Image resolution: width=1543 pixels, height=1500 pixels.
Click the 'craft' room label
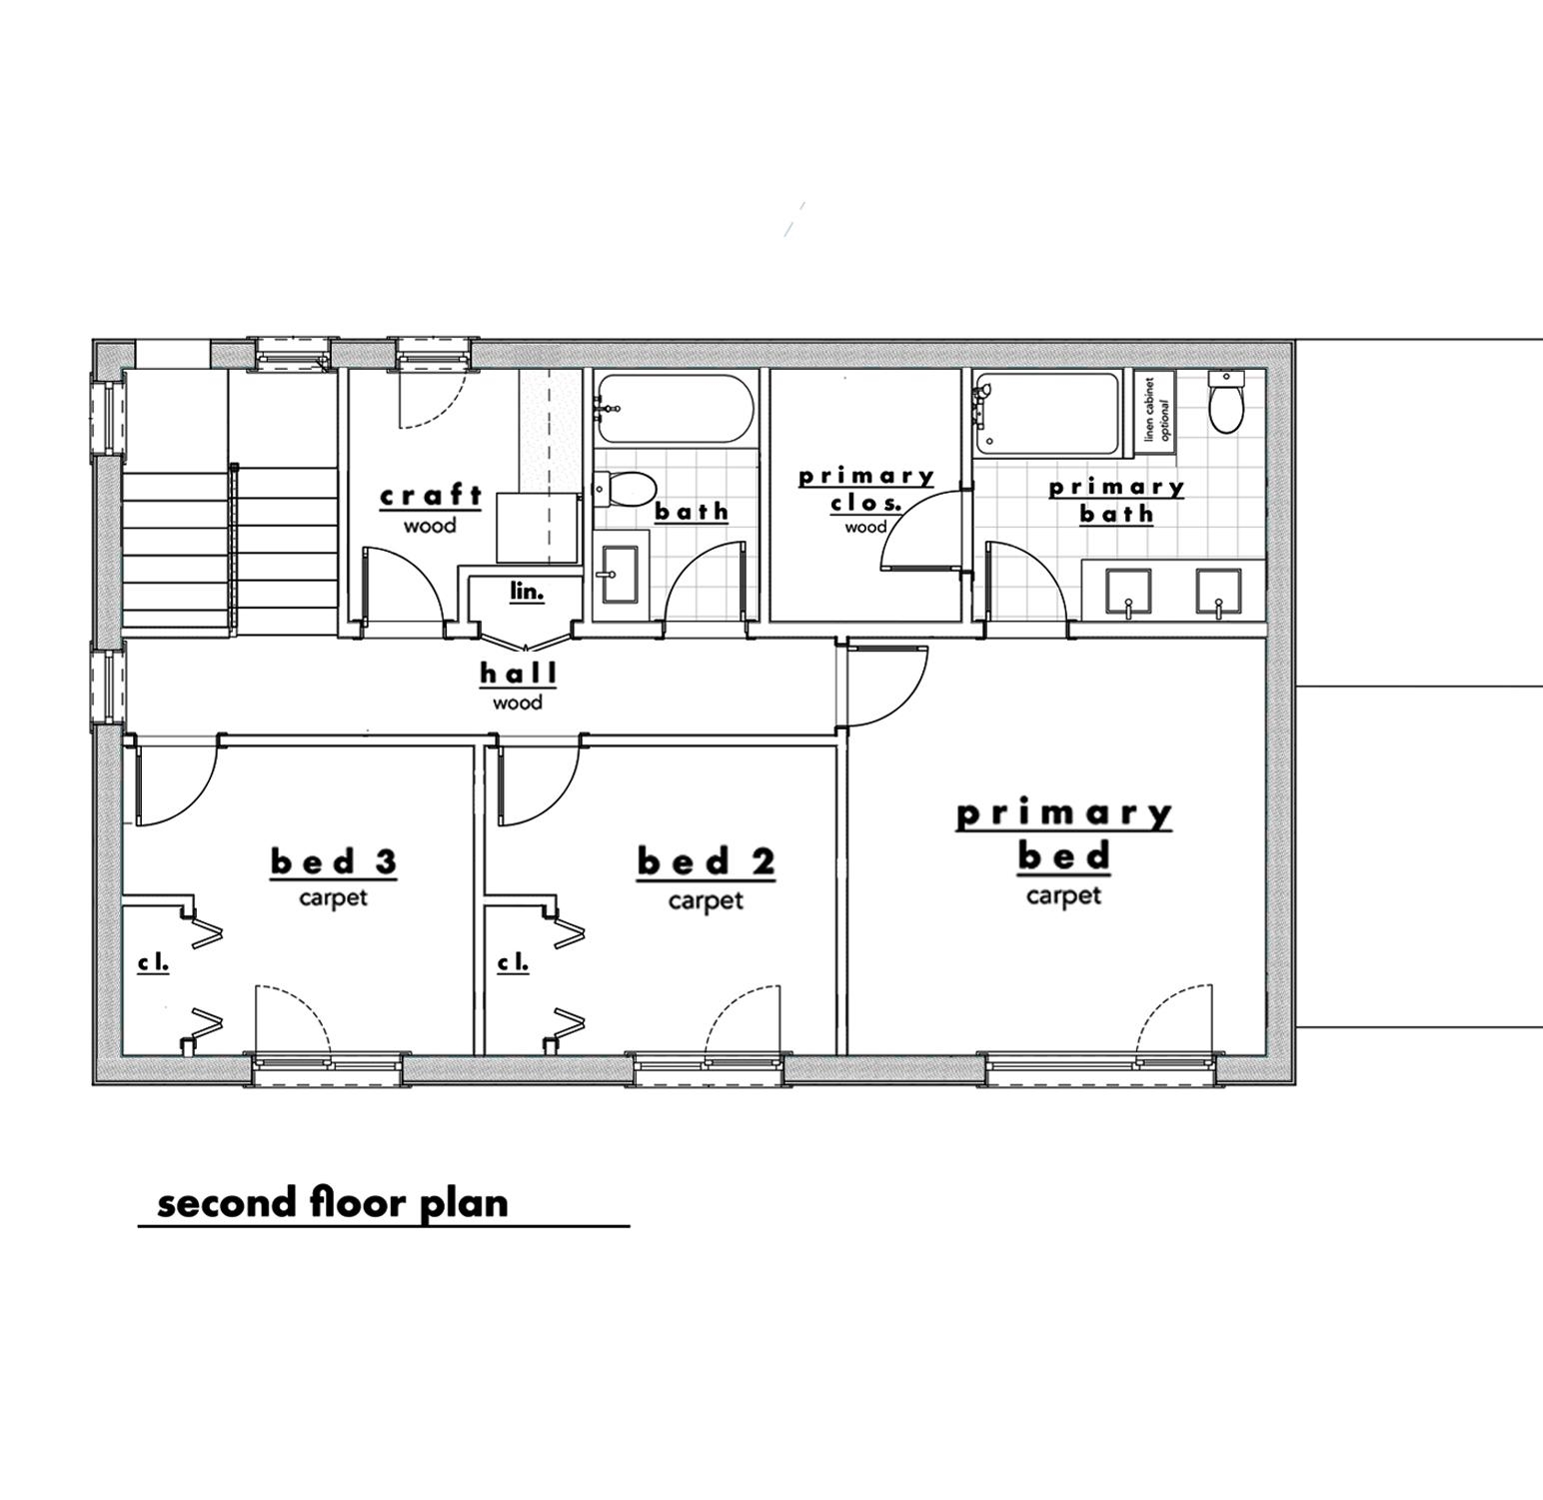click(431, 496)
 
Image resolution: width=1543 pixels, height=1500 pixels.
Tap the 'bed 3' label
click(334, 861)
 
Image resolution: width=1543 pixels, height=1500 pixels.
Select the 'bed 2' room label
click(706, 861)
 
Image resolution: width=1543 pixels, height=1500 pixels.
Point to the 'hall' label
click(518, 674)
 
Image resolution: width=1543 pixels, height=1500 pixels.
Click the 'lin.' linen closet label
click(527, 592)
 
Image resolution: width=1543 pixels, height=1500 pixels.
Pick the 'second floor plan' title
click(333, 1203)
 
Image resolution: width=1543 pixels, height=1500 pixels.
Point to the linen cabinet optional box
click(1156, 410)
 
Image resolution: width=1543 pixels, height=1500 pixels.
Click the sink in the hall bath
click(619, 575)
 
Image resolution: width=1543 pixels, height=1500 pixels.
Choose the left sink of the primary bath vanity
click(1128, 592)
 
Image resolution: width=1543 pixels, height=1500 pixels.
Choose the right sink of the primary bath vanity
click(1219, 592)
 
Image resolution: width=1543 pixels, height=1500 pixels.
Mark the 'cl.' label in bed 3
click(153, 963)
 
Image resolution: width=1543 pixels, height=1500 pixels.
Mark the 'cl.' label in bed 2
click(513, 963)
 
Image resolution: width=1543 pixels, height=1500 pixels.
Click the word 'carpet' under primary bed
click(1063, 896)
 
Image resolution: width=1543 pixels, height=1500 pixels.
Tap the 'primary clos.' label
click(865, 490)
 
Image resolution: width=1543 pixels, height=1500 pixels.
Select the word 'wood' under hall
click(518, 704)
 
